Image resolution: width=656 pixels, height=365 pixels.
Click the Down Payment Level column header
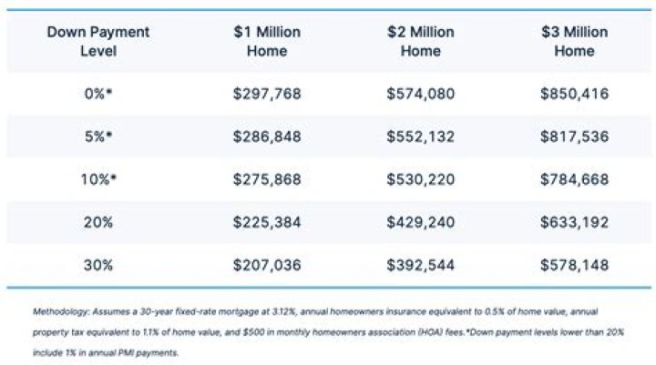(x=98, y=42)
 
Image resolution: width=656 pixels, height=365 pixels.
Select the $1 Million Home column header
(x=267, y=42)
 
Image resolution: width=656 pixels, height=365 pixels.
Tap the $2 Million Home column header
(x=420, y=42)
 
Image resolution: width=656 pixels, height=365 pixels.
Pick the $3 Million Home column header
(x=574, y=42)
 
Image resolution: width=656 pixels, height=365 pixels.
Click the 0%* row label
(x=98, y=93)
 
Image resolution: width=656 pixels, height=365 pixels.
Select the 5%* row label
(x=98, y=135)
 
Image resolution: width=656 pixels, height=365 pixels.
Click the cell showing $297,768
(x=267, y=93)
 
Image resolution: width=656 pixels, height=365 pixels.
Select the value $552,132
(x=420, y=135)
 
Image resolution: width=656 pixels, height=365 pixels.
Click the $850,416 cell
(x=574, y=93)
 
